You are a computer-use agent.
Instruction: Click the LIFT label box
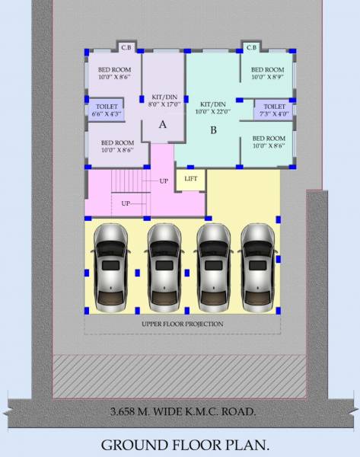(x=191, y=178)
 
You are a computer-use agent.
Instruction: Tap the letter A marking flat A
(x=162, y=126)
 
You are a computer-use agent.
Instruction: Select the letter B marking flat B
(x=213, y=130)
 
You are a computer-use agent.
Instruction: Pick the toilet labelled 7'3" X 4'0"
(x=272, y=110)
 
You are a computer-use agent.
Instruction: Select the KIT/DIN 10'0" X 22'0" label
(x=213, y=107)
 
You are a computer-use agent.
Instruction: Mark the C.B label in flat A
(x=126, y=48)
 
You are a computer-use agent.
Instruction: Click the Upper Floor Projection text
(x=183, y=324)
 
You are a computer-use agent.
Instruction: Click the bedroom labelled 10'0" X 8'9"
(x=268, y=72)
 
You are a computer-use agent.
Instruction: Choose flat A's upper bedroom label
(x=113, y=72)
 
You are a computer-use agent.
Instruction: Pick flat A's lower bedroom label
(x=117, y=146)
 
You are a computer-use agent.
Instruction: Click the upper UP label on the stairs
(x=164, y=181)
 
